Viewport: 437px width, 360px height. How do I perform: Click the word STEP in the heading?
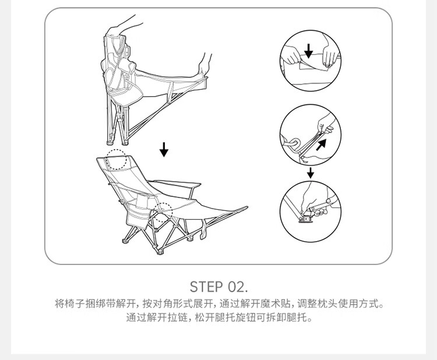click(x=206, y=287)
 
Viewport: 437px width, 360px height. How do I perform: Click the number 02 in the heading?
click(x=236, y=287)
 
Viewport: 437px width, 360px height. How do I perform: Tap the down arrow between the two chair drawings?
click(x=164, y=150)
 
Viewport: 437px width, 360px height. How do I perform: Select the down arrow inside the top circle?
click(x=308, y=51)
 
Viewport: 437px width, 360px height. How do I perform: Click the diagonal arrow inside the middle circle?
click(x=321, y=145)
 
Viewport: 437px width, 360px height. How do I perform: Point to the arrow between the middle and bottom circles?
click(x=311, y=173)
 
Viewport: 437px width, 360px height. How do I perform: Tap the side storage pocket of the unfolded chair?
click(x=138, y=216)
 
